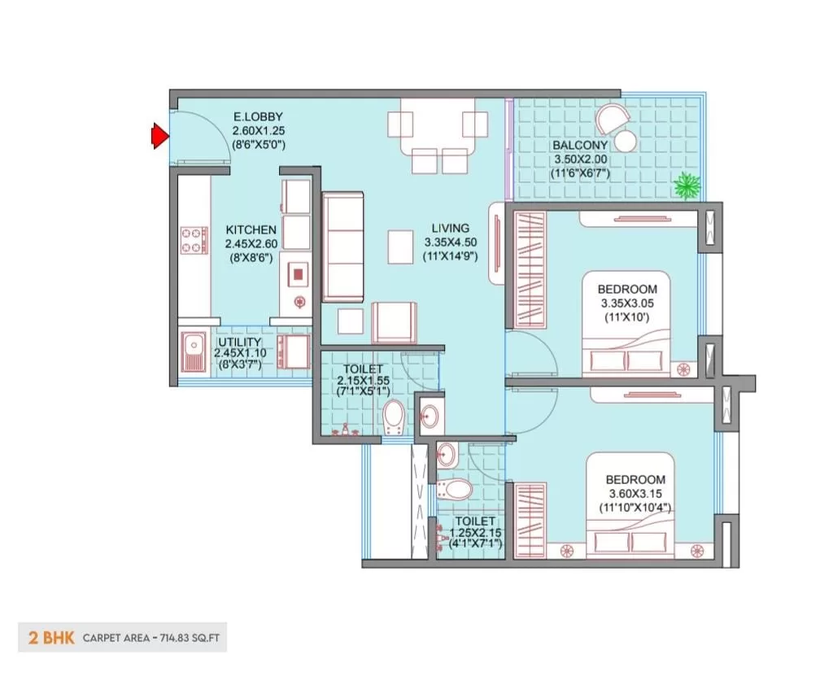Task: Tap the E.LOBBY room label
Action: coord(258,116)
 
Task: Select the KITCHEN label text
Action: coord(251,229)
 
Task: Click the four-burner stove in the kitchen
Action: coord(194,240)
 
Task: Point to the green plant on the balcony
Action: coord(687,186)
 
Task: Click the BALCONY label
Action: coord(579,145)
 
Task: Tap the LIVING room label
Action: coord(450,228)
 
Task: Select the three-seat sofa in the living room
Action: coord(343,247)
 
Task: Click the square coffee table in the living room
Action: coord(400,247)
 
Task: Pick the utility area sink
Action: coord(194,351)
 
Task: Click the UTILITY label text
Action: coord(240,342)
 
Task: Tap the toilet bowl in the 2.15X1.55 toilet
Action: coord(393,416)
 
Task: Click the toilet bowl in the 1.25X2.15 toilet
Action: coord(455,490)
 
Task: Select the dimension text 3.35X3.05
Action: coord(627,303)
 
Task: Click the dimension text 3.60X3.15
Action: coord(635,493)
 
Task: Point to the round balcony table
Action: coord(625,141)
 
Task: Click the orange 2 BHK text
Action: coord(51,637)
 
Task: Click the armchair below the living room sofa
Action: coord(394,321)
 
